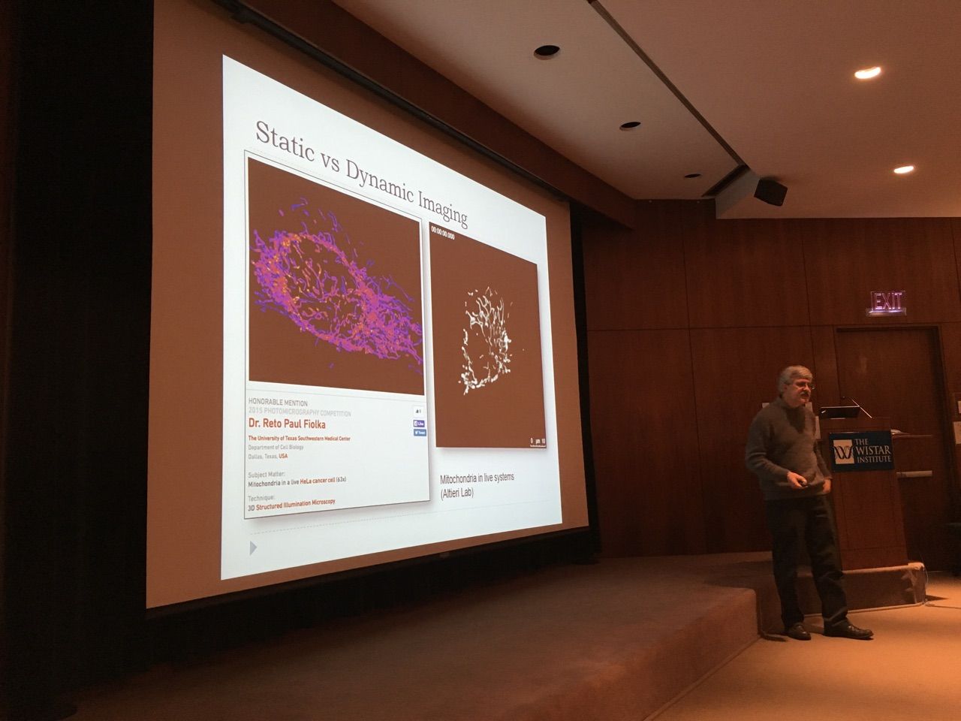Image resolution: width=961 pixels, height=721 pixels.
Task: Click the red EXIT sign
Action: click(887, 302)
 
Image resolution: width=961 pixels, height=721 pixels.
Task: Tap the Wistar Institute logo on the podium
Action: click(861, 451)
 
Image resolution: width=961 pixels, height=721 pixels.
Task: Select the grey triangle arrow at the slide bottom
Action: click(253, 548)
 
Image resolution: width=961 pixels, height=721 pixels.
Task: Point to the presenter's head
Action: click(795, 385)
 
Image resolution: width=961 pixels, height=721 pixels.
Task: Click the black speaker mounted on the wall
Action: click(770, 192)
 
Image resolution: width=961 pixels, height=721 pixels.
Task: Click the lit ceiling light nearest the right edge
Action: click(904, 170)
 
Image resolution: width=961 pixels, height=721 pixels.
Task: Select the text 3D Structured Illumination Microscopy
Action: click(291, 505)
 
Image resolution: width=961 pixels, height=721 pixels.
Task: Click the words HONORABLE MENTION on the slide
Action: click(278, 403)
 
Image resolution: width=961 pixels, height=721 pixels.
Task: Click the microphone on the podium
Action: click(856, 405)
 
